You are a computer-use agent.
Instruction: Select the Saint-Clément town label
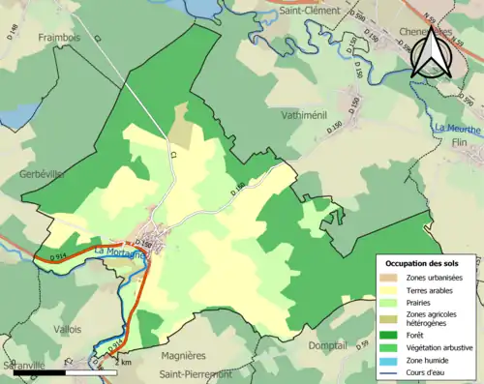pos(308,11)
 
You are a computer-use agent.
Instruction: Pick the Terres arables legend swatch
pos(393,288)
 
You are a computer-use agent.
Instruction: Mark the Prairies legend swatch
pos(393,301)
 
